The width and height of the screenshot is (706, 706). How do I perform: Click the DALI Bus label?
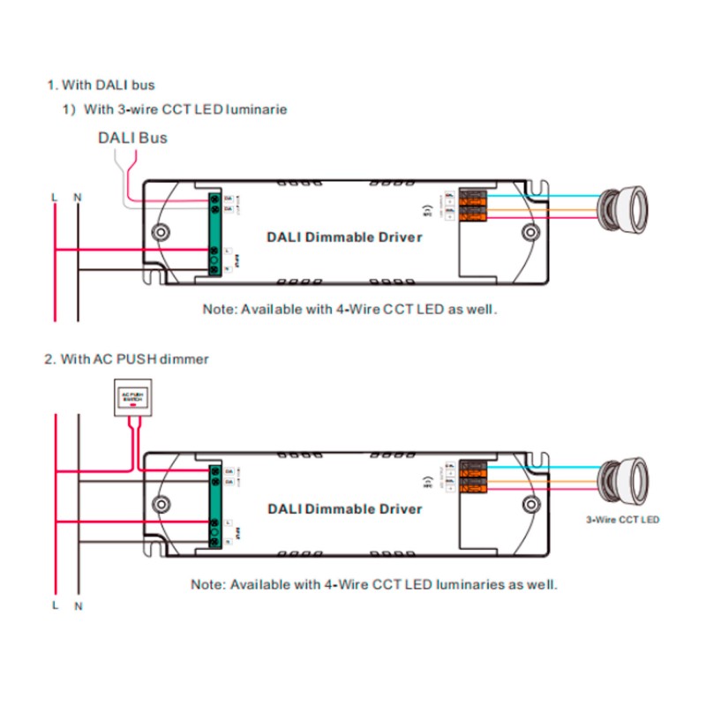pyautogui.click(x=131, y=138)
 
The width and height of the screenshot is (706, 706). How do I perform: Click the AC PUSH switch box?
pyautogui.click(x=134, y=398)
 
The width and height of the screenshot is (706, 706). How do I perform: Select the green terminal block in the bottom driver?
pyautogui.click(x=214, y=503)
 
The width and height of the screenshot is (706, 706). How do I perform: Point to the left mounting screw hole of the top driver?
pyautogui.click(x=161, y=233)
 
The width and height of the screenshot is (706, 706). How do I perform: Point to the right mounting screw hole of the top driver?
pyautogui.click(x=530, y=233)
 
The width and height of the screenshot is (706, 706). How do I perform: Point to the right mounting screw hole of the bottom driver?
pyautogui.click(x=530, y=505)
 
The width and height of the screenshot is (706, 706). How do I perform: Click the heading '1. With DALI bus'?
pyautogui.click(x=101, y=85)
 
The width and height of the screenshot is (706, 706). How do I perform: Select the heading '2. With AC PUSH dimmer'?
pyautogui.click(x=127, y=359)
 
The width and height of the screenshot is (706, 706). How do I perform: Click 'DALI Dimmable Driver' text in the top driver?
pyautogui.click(x=344, y=237)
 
